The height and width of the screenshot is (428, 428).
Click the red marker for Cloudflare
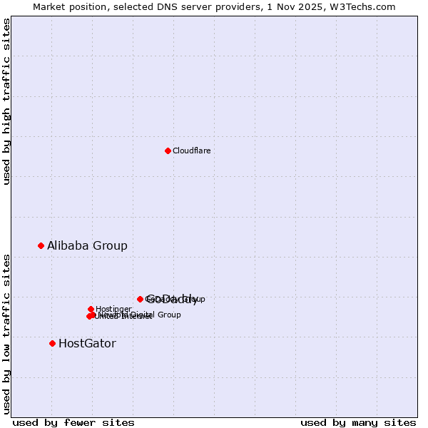[x=168, y=151]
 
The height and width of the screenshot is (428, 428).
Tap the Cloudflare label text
[x=191, y=151]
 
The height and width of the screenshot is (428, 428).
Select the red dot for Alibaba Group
[x=41, y=245]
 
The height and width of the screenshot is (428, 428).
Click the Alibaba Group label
[x=87, y=245]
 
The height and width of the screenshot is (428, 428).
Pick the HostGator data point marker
[x=52, y=343]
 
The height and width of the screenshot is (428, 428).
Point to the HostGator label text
[x=87, y=343]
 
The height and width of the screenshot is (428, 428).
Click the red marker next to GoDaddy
[x=140, y=299]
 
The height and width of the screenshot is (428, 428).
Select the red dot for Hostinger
[x=91, y=309]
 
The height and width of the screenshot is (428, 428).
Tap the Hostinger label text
[x=113, y=309]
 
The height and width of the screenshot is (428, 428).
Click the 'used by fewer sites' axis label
[x=73, y=422]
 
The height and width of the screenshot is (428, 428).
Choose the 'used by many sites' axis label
[x=358, y=422]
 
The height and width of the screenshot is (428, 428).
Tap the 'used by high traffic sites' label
[x=7, y=101]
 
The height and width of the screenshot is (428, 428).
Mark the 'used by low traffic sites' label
[x=7, y=333]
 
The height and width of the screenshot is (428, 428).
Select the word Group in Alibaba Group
[x=111, y=245]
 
